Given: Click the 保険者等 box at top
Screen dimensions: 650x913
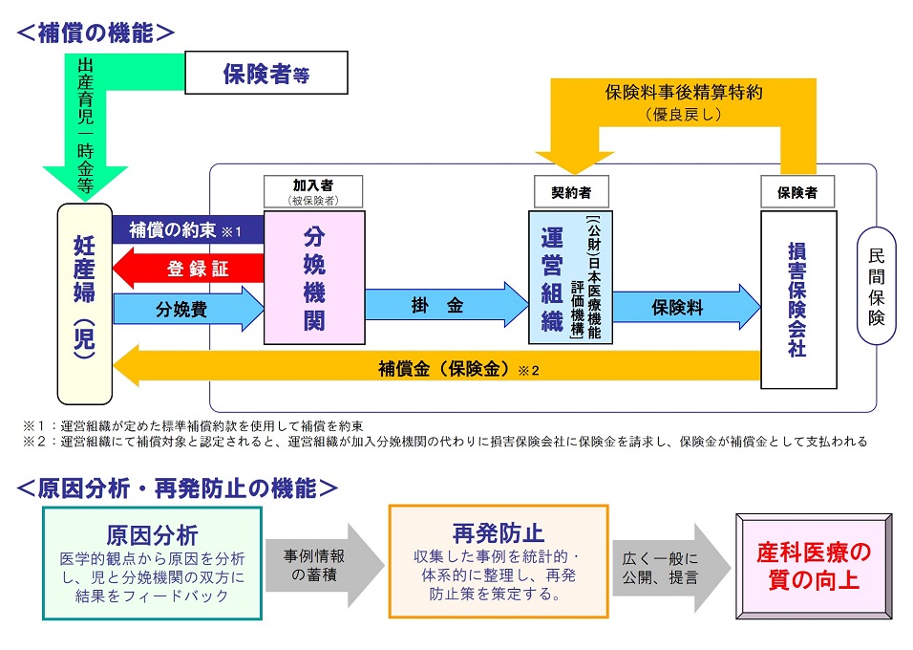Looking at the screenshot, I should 265,73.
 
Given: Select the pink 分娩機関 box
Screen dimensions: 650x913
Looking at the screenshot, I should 314,277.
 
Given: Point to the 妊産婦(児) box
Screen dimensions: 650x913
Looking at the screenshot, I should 84,303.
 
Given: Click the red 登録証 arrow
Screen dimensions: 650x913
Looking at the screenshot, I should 188,270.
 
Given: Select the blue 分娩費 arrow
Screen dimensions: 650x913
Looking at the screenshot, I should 187,309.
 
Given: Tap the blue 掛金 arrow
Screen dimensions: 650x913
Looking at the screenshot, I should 446,306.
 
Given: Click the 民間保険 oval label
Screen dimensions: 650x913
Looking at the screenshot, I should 877,286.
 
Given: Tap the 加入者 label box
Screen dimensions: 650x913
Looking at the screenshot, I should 313,190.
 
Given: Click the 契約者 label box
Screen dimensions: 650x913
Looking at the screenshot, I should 570,192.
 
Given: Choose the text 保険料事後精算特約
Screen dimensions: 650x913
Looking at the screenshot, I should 684,94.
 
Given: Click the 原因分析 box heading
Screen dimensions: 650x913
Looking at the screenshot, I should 152,533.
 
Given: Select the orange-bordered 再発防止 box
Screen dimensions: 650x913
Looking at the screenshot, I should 498,561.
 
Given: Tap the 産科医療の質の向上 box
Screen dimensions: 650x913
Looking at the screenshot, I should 813,566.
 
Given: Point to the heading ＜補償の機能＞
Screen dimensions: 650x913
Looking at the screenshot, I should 96,32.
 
